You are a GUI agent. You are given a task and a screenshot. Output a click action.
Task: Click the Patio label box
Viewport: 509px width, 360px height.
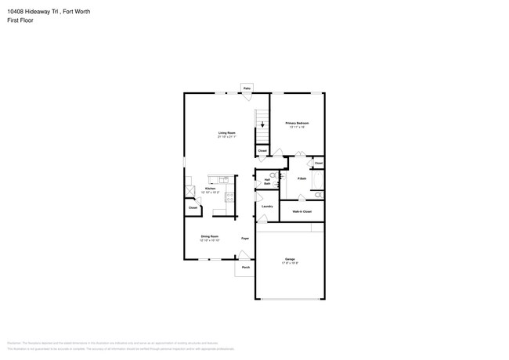click(247, 88)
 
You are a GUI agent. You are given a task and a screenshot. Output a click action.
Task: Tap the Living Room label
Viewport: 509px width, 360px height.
click(226, 133)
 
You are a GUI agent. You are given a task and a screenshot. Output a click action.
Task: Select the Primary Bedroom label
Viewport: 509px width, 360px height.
click(297, 123)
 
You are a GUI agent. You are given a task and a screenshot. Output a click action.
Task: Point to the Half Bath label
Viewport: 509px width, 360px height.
click(267, 181)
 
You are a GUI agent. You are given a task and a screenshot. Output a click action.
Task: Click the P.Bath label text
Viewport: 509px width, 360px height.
click(301, 179)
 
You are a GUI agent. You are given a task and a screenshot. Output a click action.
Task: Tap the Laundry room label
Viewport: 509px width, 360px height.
click(267, 207)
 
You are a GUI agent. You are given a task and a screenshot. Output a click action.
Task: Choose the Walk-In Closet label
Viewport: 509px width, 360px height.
click(301, 211)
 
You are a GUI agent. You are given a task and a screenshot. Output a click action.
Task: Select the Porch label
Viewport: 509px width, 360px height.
click(245, 268)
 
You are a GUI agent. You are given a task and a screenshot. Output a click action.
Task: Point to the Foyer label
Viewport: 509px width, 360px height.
click(245, 238)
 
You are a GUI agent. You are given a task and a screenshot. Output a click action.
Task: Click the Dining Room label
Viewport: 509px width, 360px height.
click(209, 236)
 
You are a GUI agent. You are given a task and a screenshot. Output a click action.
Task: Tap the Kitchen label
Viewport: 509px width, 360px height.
click(210, 189)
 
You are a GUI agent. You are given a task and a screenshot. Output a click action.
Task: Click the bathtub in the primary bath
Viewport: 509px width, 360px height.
click(317, 182)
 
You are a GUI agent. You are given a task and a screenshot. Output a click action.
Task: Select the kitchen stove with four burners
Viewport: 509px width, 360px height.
click(229, 197)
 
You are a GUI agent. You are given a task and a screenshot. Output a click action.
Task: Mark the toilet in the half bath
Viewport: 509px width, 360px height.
click(273, 175)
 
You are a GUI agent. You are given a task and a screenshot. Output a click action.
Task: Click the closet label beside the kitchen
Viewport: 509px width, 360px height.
click(193, 207)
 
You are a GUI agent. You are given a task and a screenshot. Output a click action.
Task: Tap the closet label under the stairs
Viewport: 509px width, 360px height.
click(262, 150)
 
